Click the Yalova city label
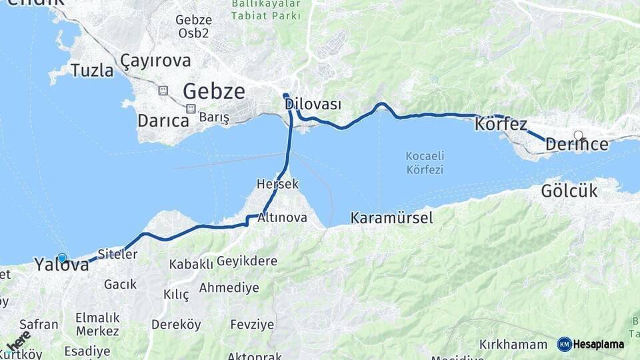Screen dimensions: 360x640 (61, 265)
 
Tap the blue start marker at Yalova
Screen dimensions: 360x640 (62, 258)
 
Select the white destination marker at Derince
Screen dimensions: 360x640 (578, 135)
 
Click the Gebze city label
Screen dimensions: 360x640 (213, 91)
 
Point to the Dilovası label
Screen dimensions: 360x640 (313, 105)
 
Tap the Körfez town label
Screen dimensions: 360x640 (501, 124)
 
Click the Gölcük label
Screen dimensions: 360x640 (569, 191)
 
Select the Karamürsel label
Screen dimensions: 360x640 (391, 217)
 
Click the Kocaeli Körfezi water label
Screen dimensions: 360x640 (425, 163)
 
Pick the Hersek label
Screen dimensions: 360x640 (277, 183)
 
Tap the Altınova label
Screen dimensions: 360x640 (282, 217)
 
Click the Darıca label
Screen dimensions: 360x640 (163, 121)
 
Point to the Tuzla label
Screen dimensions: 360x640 (92, 71)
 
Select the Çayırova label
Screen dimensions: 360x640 (155, 61)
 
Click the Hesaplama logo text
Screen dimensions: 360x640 (599, 344)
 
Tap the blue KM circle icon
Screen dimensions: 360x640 (565, 344)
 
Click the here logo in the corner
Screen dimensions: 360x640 (18, 340)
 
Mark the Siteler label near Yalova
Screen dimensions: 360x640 (117, 254)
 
